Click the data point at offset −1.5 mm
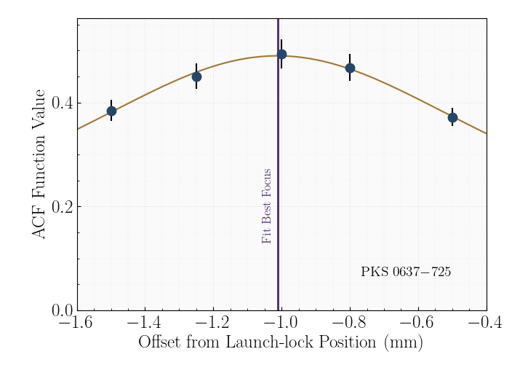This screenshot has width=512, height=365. click(x=111, y=111)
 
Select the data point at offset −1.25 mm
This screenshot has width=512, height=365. click(x=196, y=76)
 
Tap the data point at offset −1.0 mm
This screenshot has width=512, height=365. click(x=281, y=55)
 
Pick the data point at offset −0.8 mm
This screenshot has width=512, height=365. click(x=350, y=68)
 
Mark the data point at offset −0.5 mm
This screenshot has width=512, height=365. click(x=452, y=117)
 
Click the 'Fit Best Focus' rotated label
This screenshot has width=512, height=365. click(x=267, y=206)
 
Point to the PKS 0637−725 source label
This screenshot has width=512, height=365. click(x=406, y=272)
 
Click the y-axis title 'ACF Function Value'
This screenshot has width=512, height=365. click(x=40, y=164)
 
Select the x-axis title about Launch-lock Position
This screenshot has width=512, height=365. click(x=281, y=342)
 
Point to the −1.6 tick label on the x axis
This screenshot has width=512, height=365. click(x=77, y=323)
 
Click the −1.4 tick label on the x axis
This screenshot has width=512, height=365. click(x=145, y=323)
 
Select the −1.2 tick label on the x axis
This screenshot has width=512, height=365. click(x=214, y=323)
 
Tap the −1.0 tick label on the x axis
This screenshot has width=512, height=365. click(x=281, y=323)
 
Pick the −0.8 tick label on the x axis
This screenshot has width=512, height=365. click(x=350, y=323)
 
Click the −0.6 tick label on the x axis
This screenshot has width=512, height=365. click(x=418, y=323)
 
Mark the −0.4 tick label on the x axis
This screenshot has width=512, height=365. click(x=486, y=323)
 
